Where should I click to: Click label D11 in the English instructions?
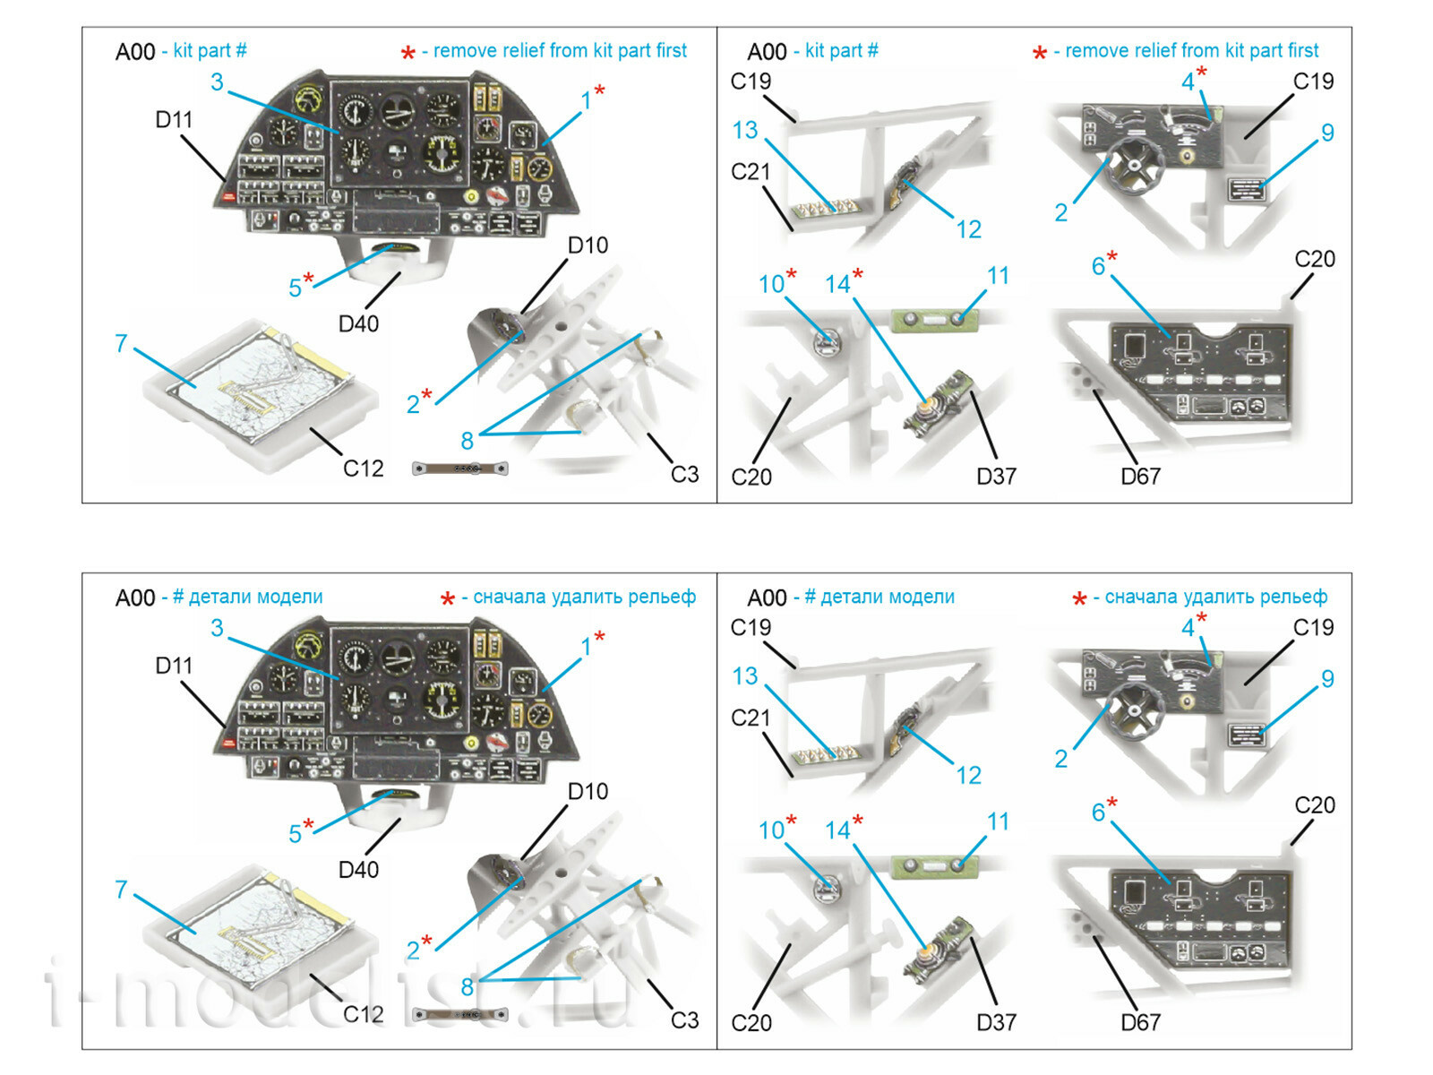point(174,119)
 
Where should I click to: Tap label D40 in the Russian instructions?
point(358,869)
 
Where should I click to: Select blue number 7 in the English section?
point(121,343)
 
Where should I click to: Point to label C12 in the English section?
point(363,468)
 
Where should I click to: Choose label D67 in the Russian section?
point(1140,1022)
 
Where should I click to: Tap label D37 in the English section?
point(996,477)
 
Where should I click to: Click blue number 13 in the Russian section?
point(744,676)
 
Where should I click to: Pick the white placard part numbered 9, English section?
point(1246,190)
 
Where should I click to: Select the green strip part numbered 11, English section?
point(935,318)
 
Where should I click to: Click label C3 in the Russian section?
point(684,1019)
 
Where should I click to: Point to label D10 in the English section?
point(588,245)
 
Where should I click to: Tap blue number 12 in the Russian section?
point(968,775)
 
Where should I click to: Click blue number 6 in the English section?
point(1098,266)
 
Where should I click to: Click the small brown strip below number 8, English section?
point(459,469)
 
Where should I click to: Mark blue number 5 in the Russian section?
point(295,833)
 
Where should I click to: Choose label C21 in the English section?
point(751,172)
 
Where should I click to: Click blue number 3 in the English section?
point(217,82)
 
